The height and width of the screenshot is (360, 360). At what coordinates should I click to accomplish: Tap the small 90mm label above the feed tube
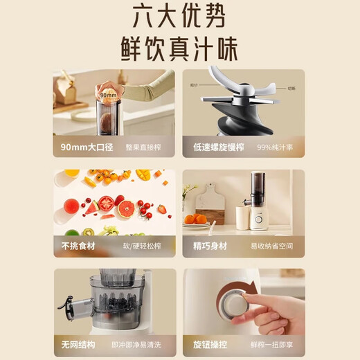pyautogui.click(x=107, y=95)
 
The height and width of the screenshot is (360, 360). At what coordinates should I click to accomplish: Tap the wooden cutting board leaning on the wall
pyautogui.click(x=208, y=201)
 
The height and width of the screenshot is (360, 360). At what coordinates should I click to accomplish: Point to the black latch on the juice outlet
pyautogui.click(x=69, y=305)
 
